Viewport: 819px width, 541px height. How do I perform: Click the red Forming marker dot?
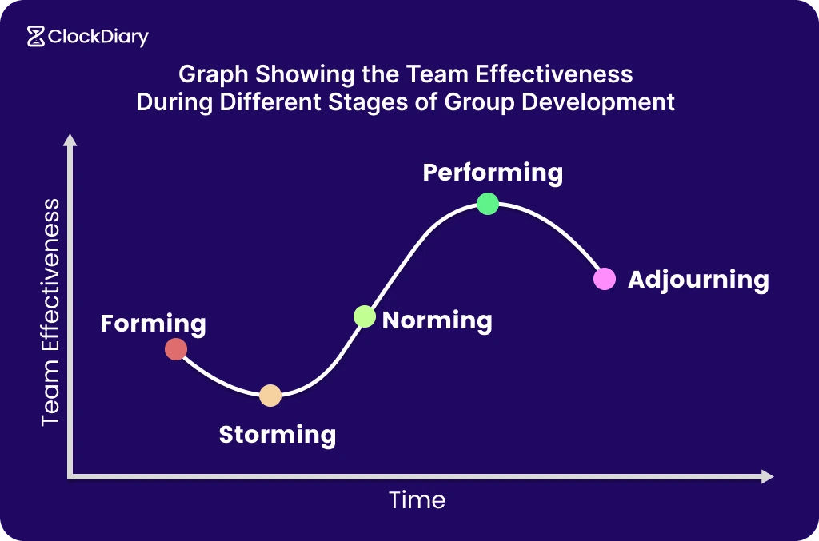pos(176,349)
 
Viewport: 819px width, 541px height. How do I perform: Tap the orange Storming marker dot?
pos(270,396)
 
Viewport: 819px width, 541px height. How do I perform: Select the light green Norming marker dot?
pos(364,316)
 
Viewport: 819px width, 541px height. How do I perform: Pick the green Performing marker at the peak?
pos(488,204)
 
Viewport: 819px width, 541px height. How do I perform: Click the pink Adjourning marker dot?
pos(605,279)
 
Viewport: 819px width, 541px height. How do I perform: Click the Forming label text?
pos(153,324)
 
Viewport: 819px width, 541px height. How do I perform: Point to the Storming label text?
pos(277,435)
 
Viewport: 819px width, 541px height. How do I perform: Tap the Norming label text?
pos(437,320)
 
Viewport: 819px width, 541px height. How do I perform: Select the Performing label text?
pos(493,173)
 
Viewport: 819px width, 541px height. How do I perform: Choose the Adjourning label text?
pos(698,280)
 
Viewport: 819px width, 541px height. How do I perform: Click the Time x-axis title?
pos(417,500)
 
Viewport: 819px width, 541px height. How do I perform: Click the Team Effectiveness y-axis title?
pos(50,312)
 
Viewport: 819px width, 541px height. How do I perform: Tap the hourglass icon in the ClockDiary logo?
pos(35,37)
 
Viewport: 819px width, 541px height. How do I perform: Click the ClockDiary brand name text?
pos(98,37)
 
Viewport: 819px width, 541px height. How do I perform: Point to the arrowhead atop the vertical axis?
pos(70,141)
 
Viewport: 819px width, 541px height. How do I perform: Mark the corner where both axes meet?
pos(71,476)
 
